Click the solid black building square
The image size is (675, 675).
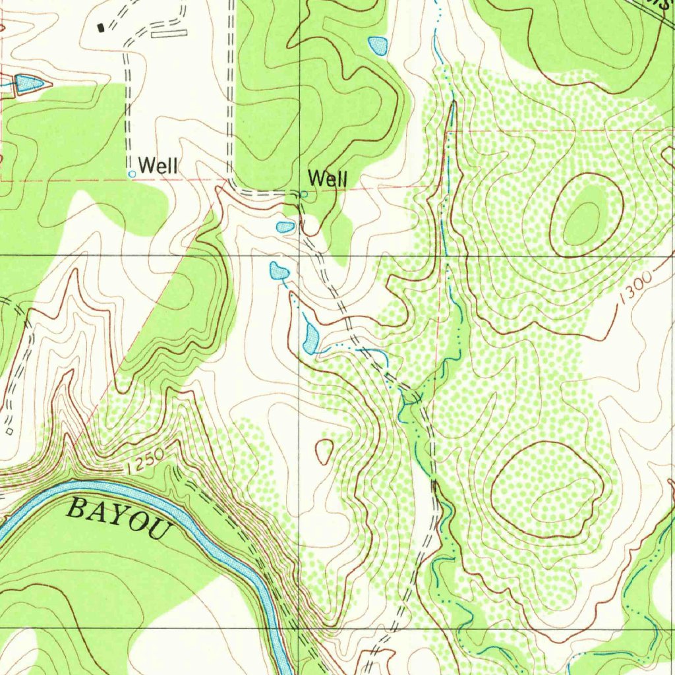tap(101, 27)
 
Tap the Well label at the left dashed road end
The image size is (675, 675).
tap(158, 166)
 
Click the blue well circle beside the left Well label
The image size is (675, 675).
tap(132, 173)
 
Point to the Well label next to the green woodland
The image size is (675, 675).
tap(328, 178)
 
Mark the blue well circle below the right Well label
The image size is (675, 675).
tap(304, 194)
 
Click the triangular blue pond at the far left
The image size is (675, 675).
tap(29, 84)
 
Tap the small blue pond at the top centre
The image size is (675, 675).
tap(378, 45)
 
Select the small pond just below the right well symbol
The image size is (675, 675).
tap(285, 227)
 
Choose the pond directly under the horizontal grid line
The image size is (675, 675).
tap(278, 270)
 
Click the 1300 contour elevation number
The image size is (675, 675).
tap(637, 287)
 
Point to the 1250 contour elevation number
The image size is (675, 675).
tap(142, 464)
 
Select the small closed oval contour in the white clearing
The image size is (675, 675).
tap(324, 452)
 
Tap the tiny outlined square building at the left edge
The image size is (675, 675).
tap(9, 430)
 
